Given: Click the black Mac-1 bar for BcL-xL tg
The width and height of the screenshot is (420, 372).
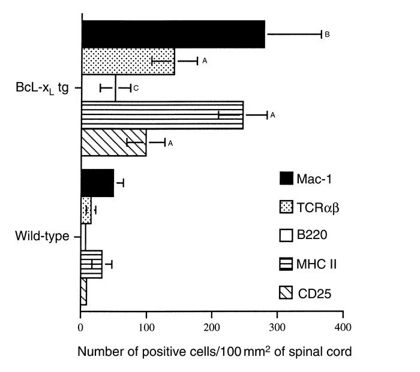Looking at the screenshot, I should pos(173,35).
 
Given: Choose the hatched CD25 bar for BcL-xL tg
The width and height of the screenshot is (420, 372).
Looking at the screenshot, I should pos(113,142).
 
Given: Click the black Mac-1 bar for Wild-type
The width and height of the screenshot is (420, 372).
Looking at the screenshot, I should pos(97,183).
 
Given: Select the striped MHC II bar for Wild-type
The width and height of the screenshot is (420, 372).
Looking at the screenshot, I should pos(91,264).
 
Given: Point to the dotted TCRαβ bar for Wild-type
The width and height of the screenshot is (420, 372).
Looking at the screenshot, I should pos(86,210).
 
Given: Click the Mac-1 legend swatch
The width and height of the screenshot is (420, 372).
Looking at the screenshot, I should pos(287,178).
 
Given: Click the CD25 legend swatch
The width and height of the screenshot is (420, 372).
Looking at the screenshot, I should pos(287,294).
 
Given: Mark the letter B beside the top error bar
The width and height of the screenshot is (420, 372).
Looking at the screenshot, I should pos(327,35).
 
